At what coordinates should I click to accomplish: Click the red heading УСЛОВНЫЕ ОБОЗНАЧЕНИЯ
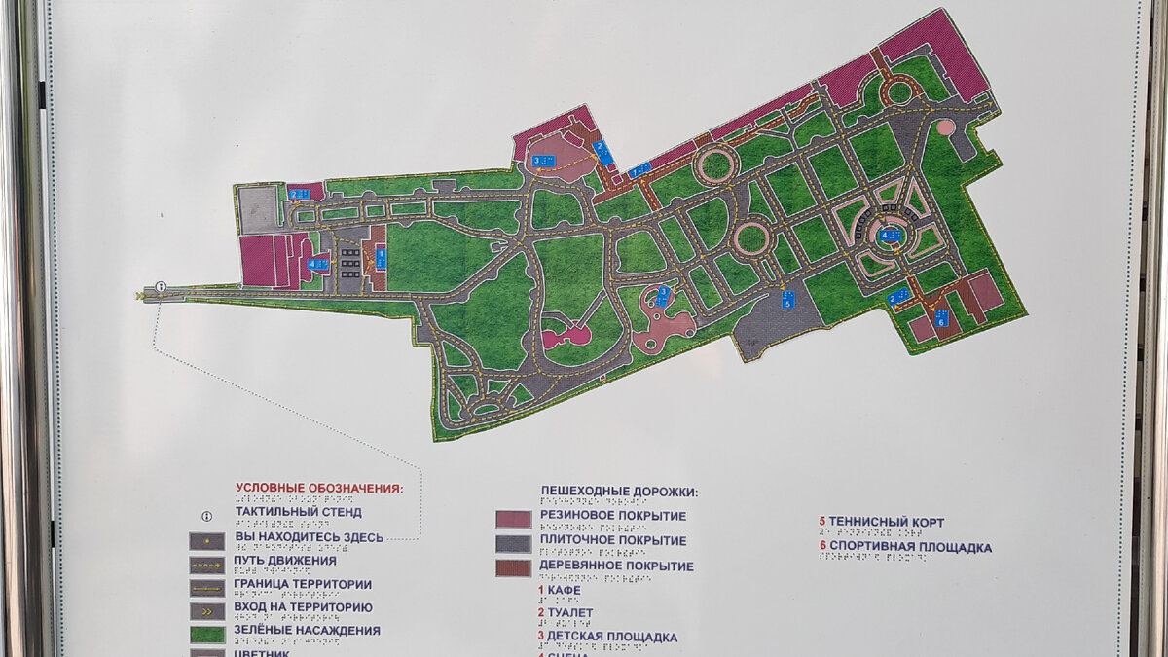coord(318,488)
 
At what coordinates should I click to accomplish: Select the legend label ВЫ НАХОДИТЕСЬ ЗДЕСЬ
coord(309,536)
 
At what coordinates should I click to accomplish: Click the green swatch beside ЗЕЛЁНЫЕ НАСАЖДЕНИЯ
coord(206,634)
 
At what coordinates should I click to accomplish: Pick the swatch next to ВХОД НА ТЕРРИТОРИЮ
coord(206,610)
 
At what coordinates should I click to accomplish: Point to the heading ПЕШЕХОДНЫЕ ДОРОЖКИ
coord(619,492)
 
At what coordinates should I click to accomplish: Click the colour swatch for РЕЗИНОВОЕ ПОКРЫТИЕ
coord(513,518)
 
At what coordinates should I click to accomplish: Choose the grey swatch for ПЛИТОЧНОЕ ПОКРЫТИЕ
coord(513,543)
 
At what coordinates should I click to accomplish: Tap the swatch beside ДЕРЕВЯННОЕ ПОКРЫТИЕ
coord(513,567)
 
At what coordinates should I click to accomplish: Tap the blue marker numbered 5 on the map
coord(786,299)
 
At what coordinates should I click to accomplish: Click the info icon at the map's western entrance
coord(160,286)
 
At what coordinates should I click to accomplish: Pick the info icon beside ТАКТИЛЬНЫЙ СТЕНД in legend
coord(205,514)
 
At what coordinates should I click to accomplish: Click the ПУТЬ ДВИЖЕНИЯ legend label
coord(285,561)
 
